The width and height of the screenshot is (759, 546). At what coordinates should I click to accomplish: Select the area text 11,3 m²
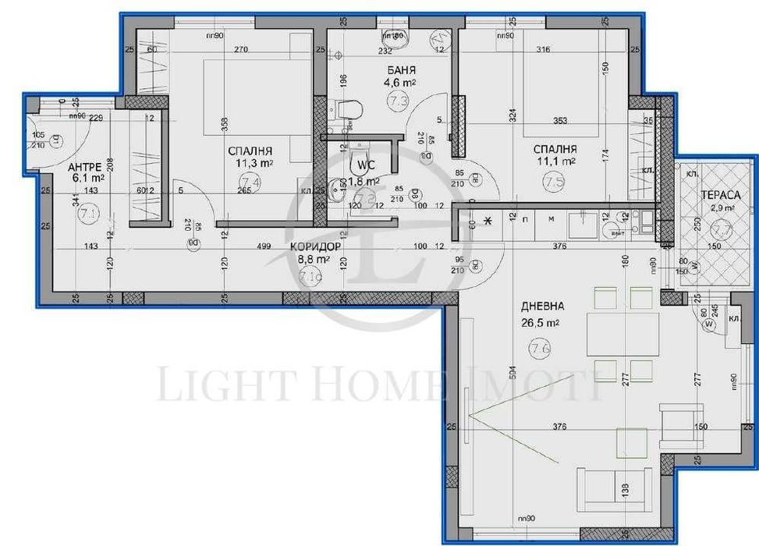[x=250, y=163]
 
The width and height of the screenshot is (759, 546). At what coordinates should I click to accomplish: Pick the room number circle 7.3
[x=399, y=100]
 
